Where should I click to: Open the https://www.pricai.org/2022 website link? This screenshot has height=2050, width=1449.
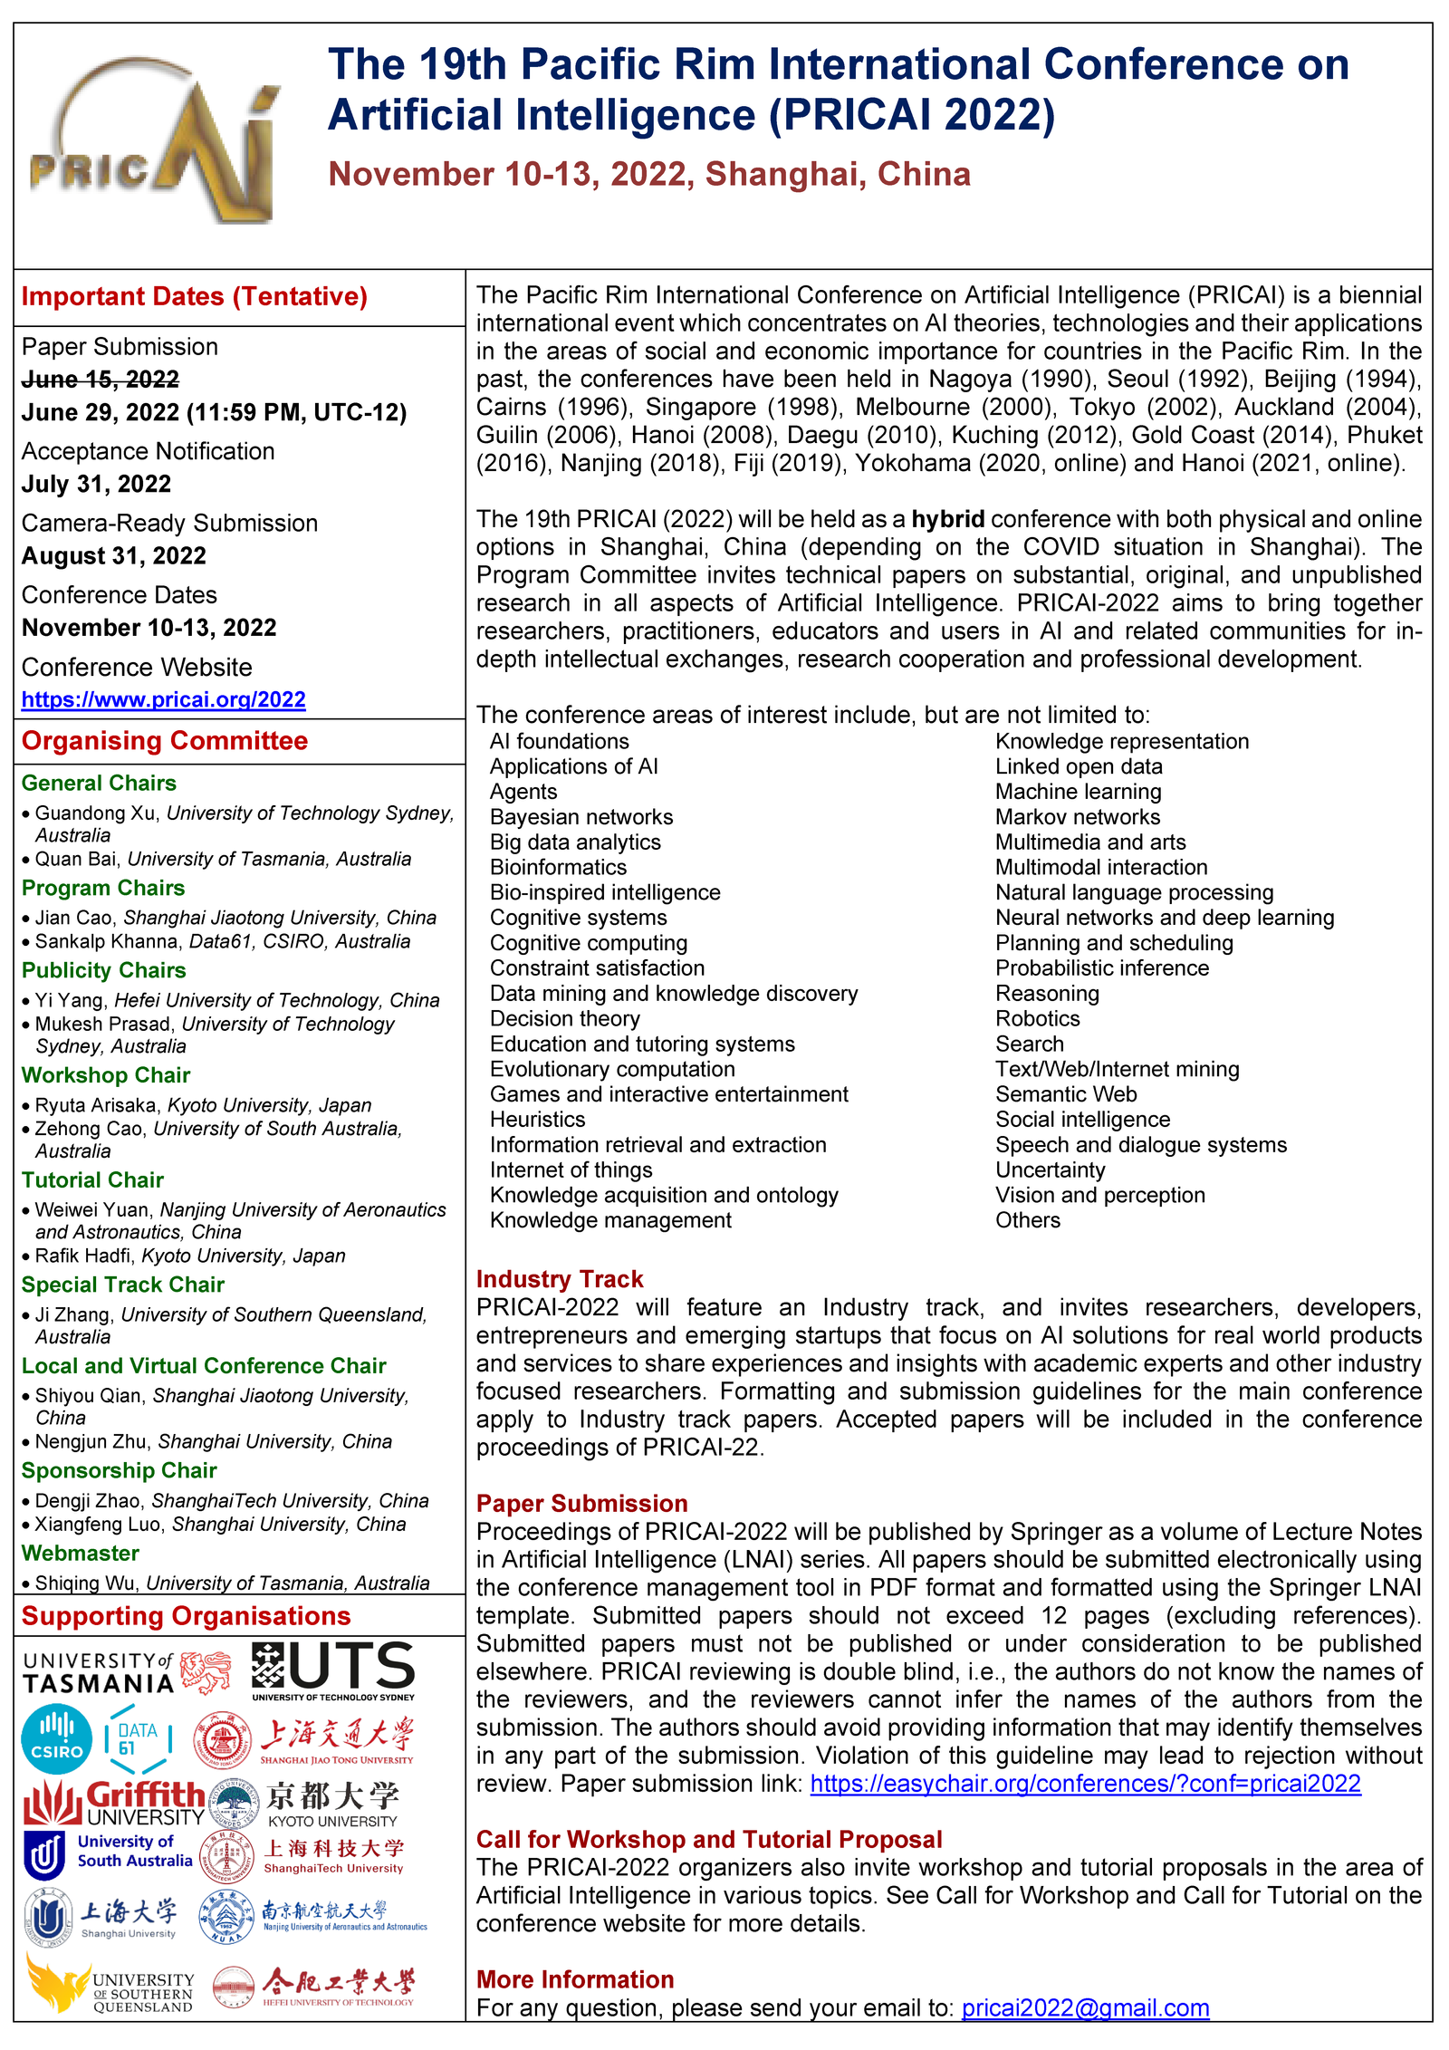coord(163,699)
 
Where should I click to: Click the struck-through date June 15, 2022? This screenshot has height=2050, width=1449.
coord(101,380)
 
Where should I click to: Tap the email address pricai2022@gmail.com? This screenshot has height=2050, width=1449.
coord(1085,2007)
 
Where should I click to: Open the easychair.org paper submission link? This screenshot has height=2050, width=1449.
coord(1085,1783)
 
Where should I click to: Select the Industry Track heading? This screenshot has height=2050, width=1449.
coord(559,1279)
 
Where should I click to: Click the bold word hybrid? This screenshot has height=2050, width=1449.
coord(947,519)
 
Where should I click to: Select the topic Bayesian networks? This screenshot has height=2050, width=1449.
coord(581,817)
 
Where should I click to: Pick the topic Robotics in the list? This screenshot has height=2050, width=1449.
coord(1037,1018)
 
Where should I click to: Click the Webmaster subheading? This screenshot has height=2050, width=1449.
coord(81,1553)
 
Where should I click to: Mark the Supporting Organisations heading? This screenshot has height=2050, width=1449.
coord(186,1615)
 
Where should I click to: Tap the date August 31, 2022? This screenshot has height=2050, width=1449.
coord(114,555)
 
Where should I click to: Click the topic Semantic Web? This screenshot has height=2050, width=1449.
coord(1066,1094)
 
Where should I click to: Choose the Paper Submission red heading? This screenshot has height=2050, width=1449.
coord(581,1503)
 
